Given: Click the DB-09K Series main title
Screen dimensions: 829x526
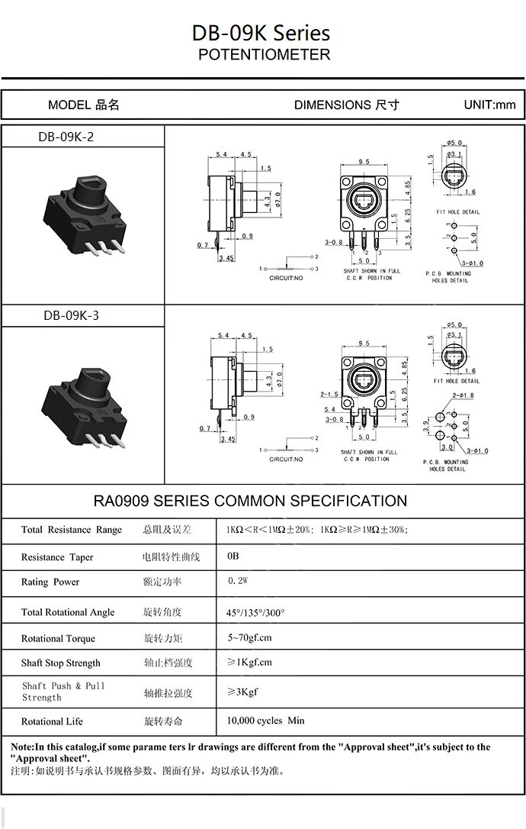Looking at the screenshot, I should (261, 33).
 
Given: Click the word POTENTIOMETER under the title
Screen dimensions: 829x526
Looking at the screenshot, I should (264, 55).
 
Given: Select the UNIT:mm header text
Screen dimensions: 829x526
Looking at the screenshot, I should (489, 105).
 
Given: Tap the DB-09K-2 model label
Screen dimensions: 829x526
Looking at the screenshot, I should (66, 137).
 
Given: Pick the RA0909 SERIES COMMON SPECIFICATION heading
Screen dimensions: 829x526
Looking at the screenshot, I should (250, 502).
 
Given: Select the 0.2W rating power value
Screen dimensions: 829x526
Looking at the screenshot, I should (239, 582).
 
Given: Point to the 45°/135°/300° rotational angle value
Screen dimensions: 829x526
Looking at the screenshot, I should (255, 612).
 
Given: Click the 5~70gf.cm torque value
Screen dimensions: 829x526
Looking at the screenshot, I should (249, 637).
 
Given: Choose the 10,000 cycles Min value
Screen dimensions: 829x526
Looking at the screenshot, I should (265, 721).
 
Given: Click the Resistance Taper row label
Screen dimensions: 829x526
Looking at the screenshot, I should (57, 557).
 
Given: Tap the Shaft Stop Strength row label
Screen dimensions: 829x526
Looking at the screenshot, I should (60, 663).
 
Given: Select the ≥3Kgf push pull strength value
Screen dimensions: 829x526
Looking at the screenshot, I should (242, 692).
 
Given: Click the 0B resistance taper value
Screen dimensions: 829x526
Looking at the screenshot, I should (233, 556).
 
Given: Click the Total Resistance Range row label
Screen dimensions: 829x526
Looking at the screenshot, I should (71, 530).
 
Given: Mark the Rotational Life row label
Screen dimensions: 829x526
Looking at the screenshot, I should (52, 721).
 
